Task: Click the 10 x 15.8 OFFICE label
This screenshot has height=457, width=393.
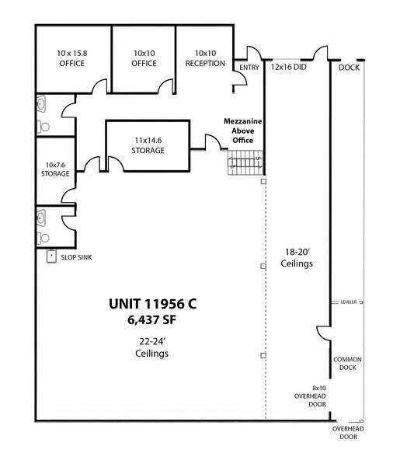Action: click(x=72, y=58)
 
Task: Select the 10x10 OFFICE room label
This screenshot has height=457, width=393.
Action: click(x=144, y=58)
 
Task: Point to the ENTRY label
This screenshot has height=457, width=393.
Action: click(x=249, y=68)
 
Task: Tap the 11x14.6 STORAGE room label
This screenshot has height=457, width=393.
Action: click(x=147, y=145)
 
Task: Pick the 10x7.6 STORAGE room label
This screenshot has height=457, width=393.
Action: click(x=57, y=169)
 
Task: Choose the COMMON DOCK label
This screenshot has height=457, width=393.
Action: click(x=345, y=364)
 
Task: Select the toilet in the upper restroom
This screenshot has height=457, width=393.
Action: click(x=44, y=124)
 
